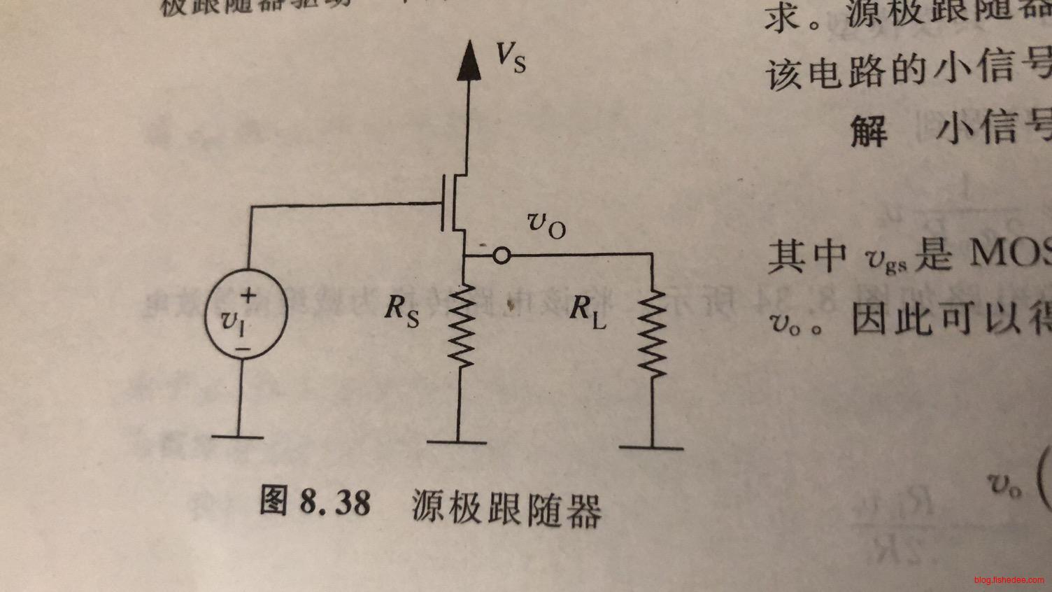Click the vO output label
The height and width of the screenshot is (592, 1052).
[545, 225]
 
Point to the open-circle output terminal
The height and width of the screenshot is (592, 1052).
[502, 256]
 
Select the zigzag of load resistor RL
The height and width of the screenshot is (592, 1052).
[652, 333]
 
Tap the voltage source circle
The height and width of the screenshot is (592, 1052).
[245, 315]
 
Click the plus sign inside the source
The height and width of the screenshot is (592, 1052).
[248, 295]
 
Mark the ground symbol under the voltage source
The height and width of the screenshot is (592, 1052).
[238, 437]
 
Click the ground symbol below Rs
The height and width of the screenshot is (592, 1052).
[457, 442]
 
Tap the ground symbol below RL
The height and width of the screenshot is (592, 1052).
[651, 446]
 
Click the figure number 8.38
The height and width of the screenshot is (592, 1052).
[335, 502]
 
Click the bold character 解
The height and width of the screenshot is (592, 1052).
[869, 130]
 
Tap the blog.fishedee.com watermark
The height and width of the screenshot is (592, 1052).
[1008, 580]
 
